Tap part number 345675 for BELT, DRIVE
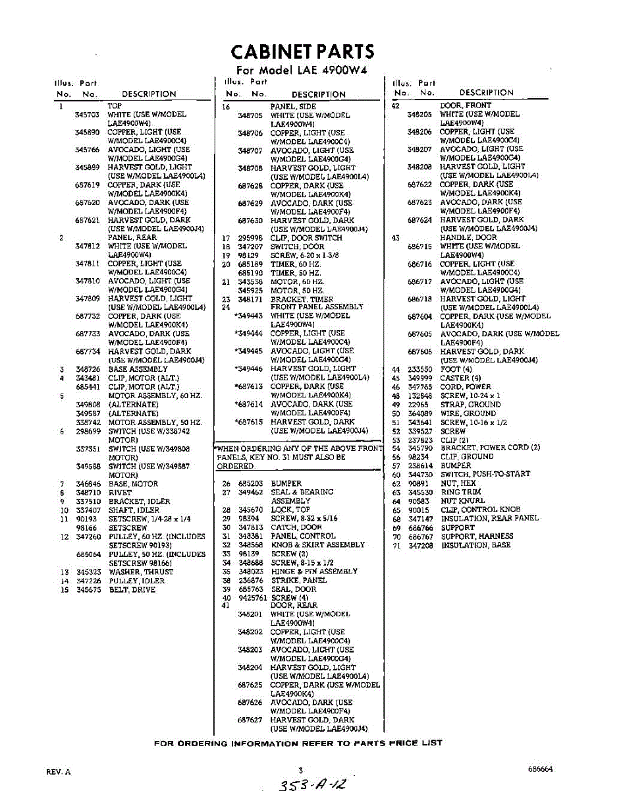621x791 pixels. click(x=88, y=589)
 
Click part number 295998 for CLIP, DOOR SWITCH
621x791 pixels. click(x=250, y=238)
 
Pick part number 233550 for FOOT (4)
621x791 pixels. click(x=419, y=369)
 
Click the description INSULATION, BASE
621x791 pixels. click(x=475, y=546)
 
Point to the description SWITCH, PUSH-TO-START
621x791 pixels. click(x=485, y=475)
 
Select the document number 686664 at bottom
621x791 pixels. click(x=539, y=769)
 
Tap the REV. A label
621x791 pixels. click(x=58, y=771)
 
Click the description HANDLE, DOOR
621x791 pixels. click(x=468, y=237)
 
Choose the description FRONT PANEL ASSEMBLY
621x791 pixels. click(x=316, y=307)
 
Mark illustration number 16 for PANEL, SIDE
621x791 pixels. click(x=225, y=106)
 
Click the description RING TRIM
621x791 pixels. click(x=460, y=492)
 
